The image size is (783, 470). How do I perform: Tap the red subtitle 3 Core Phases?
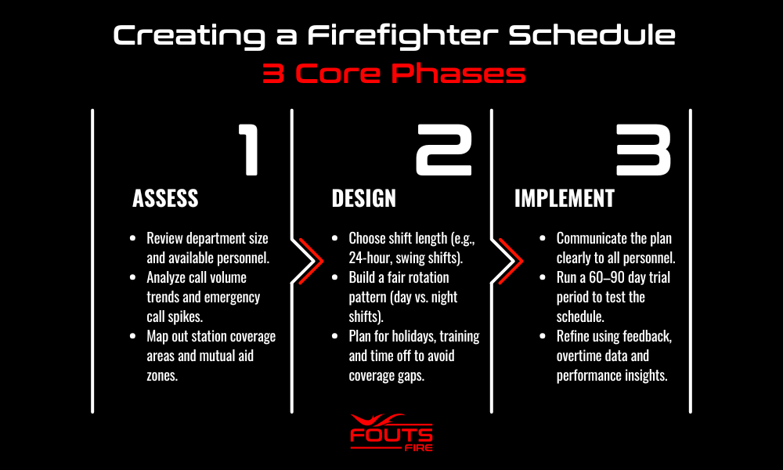point(394,74)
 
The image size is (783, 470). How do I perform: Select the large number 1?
point(249,150)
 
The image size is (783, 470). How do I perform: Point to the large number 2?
point(444,150)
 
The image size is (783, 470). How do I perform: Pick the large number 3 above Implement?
point(644,150)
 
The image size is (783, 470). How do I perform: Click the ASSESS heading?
point(165,198)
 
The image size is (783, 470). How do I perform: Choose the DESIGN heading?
point(363,198)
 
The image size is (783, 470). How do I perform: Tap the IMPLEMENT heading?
point(565,198)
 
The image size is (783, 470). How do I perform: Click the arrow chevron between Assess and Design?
point(311,261)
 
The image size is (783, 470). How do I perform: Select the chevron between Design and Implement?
point(511,261)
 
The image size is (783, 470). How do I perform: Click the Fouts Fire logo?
point(391,432)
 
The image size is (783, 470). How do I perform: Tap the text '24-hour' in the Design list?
point(370,258)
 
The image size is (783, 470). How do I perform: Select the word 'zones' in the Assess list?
point(161,375)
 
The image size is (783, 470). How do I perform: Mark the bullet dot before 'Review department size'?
point(133,238)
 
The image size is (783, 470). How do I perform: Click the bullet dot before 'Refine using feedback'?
point(543,336)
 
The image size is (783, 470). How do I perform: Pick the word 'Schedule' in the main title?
point(592,35)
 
